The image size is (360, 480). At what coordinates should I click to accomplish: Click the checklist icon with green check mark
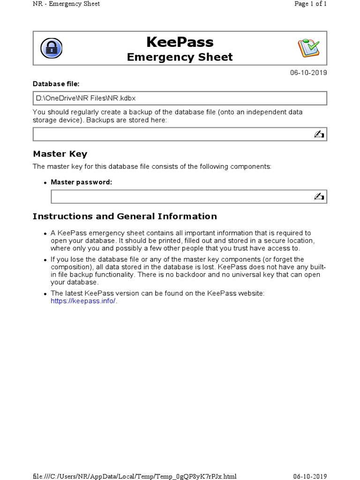pyautogui.click(x=308, y=48)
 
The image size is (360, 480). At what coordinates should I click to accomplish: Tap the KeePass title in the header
pyautogui.click(x=180, y=42)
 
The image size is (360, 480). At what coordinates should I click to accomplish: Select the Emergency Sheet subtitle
pyautogui.click(x=180, y=57)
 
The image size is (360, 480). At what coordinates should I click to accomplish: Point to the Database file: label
pyautogui.click(x=56, y=84)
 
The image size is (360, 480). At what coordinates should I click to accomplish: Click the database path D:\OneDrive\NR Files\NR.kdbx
pyautogui.click(x=86, y=98)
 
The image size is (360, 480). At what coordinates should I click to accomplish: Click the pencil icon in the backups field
pyautogui.click(x=319, y=135)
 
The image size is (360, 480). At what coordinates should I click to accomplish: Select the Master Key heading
pyautogui.click(x=60, y=154)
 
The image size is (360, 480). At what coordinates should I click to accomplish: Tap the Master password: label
pyautogui.click(x=81, y=182)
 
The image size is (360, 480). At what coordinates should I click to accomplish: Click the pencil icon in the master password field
pyautogui.click(x=319, y=196)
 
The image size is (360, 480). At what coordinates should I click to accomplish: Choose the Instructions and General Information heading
pyautogui.click(x=124, y=216)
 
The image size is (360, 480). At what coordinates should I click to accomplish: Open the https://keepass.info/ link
pyautogui.click(x=83, y=301)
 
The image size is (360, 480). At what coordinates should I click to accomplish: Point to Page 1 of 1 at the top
pyautogui.click(x=310, y=4)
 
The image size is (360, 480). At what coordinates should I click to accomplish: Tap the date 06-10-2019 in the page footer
pyautogui.click(x=310, y=476)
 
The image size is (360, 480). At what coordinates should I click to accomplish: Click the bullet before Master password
pyautogui.click(x=45, y=183)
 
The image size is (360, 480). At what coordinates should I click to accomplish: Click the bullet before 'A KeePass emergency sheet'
pyautogui.click(x=45, y=233)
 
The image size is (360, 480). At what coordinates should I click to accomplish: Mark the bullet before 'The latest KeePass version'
pyautogui.click(x=45, y=294)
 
